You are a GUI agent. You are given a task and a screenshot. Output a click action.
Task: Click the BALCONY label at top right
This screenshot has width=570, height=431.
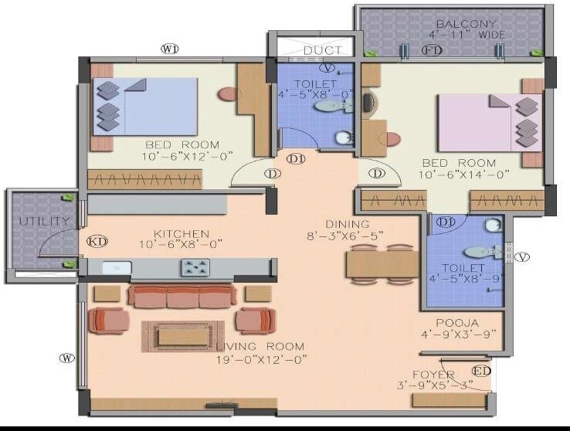point(467,24)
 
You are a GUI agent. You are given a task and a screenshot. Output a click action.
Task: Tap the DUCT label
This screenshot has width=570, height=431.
point(322,51)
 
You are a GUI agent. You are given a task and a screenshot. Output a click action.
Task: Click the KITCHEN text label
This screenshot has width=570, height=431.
point(181,233)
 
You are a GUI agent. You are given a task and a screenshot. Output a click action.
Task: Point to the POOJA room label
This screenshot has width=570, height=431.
point(456,323)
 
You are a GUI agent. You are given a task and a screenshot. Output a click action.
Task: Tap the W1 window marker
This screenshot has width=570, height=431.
point(169,49)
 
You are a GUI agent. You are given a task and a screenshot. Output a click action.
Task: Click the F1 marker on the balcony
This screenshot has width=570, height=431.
point(432,50)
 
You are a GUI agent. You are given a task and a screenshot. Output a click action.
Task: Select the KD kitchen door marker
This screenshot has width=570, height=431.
point(97,241)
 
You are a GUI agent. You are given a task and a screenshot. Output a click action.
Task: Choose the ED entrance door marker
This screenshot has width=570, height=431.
point(480,372)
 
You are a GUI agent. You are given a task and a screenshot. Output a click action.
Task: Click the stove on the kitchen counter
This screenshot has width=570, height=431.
point(194,267)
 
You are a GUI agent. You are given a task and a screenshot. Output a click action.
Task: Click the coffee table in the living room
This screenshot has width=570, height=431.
point(182,335)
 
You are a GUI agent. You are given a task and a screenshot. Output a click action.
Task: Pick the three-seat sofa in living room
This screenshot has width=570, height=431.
point(182,297)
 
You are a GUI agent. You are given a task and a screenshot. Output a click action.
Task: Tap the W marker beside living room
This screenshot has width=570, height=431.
point(68,358)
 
